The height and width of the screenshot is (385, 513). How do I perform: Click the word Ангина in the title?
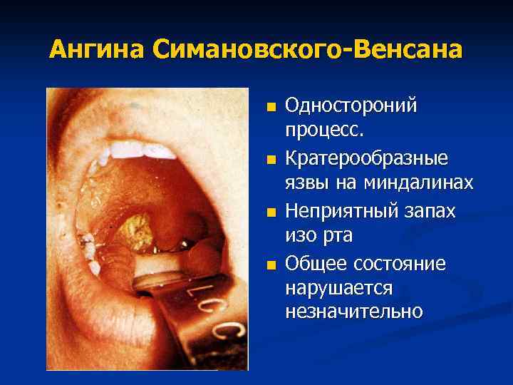[x=97, y=50]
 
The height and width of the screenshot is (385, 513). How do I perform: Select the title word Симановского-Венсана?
[x=306, y=50]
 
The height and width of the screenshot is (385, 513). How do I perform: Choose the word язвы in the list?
[x=307, y=183]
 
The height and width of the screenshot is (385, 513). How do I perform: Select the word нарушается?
[x=338, y=288]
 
